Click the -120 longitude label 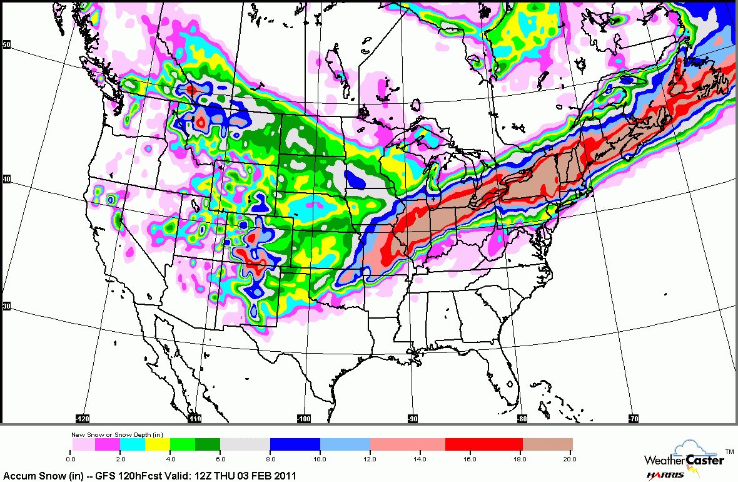click(x=84, y=418)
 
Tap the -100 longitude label click(x=304, y=418)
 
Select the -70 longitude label click(x=634, y=418)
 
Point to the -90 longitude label click(x=413, y=418)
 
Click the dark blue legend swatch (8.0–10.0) click(x=295, y=444)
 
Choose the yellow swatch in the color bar click(x=157, y=444)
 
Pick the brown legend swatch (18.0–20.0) click(x=548, y=444)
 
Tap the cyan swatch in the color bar click(x=132, y=444)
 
